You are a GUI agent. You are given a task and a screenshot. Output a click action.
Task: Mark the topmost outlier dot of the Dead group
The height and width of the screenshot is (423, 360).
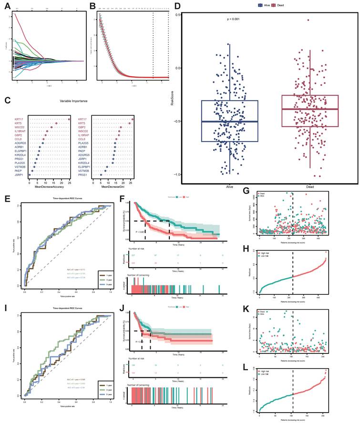click(309, 20)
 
